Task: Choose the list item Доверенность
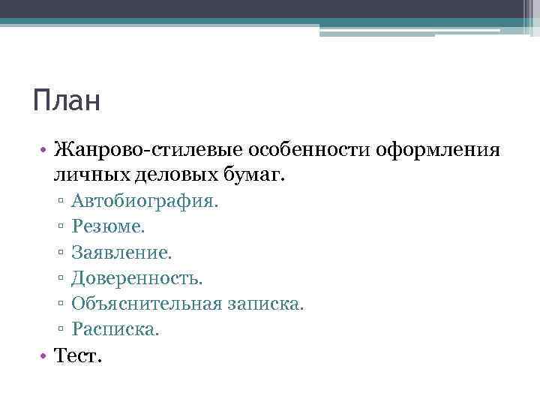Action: point(137,278)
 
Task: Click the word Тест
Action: point(77,355)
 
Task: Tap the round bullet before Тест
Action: point(46,355)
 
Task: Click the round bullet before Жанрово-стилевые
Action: point(46,151)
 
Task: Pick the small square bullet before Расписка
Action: point(58,330)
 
